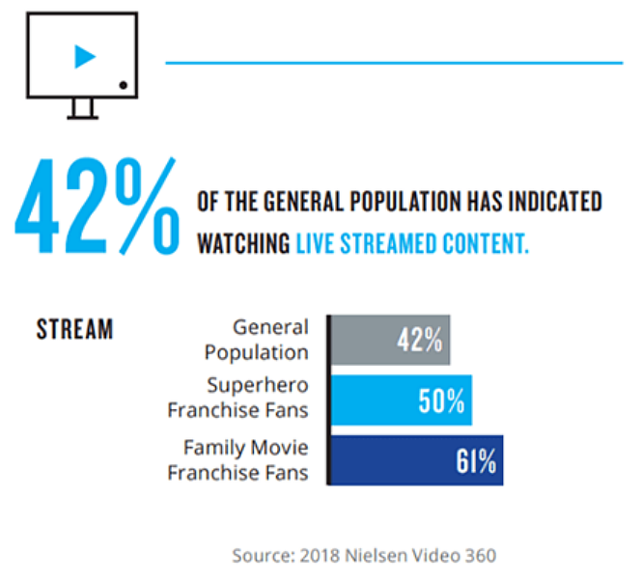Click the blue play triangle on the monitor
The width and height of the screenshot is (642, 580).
(85, 57)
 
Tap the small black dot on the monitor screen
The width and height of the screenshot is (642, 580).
(124, 86)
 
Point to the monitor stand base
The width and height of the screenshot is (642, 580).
(82, 116)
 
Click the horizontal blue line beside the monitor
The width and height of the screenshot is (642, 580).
(394, 63)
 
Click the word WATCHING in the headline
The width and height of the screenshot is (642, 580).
(243, 242)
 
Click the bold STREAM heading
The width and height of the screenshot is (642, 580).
(74, 330)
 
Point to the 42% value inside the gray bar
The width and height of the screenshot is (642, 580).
(420, 341)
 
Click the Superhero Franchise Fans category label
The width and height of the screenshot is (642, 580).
(238, 398)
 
